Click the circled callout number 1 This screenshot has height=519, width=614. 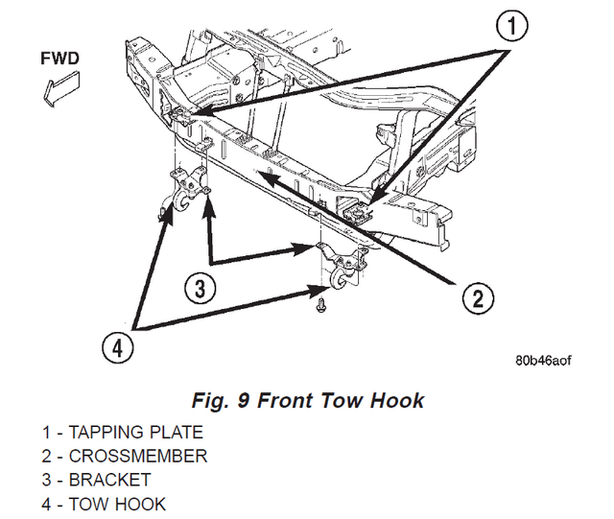tap(515, 28)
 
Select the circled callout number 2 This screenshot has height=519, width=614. tap(478, 298)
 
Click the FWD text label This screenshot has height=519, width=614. tap(59, 57)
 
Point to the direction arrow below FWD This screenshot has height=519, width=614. tap(56, 88)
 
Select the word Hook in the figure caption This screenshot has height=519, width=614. tap(397, 400)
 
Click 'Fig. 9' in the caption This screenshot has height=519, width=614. tap(220, 400)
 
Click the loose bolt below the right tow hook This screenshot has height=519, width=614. tap(319, 304)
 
